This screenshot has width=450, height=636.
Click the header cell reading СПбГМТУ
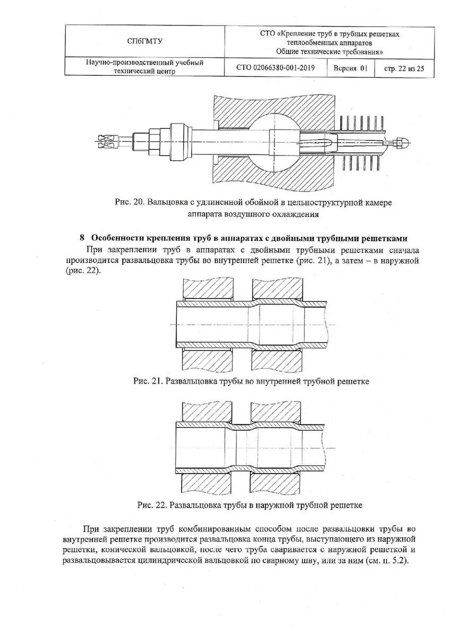click(144, 41)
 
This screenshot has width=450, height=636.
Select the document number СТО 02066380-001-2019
click(275, 68)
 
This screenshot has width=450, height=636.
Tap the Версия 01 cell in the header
click(350, 68)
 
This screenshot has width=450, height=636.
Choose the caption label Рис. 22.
click(152, 505)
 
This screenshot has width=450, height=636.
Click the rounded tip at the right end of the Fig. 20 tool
click(404, 142)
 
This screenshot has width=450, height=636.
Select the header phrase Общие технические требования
click(329, 51)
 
